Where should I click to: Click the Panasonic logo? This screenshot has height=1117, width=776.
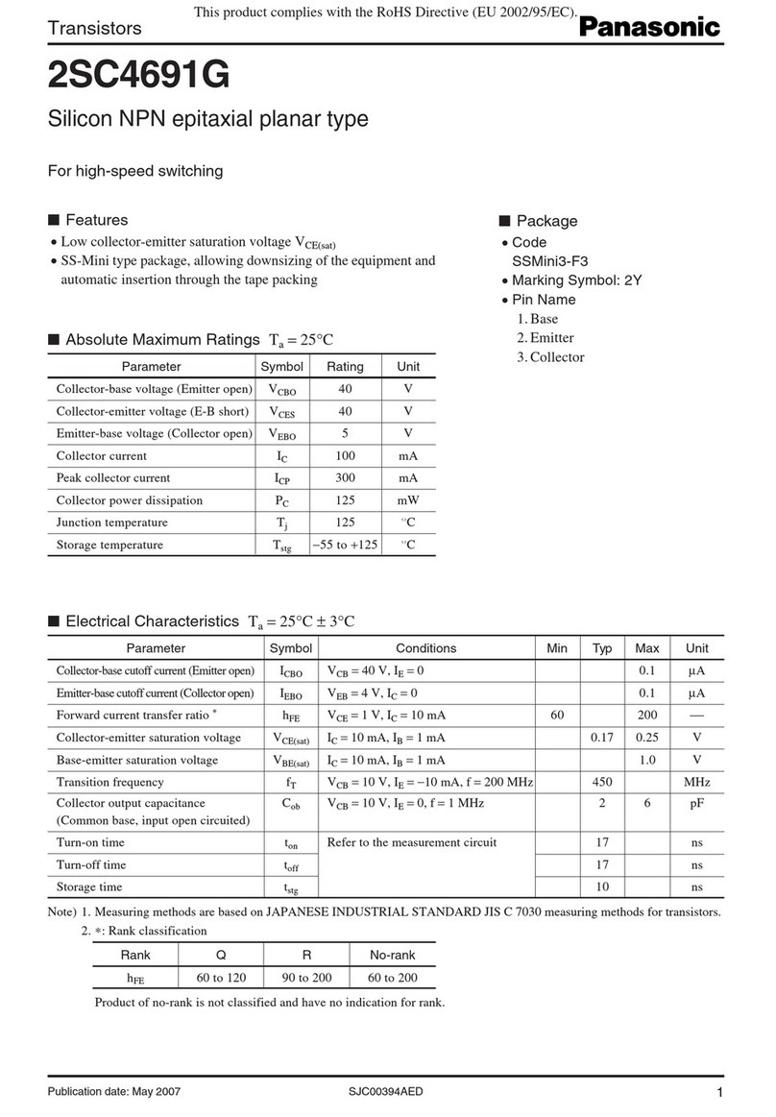click(x=648, y=29)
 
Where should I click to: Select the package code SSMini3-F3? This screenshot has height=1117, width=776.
click(x=551, y=261)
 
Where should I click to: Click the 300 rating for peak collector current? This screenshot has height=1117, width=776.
click(x=345, y=477)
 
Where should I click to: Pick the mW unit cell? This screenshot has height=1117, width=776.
click(x=408, y=500)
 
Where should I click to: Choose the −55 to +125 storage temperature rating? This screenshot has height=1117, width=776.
click(x=345, y=546)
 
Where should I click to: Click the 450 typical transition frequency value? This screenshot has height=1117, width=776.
click(x=602, y=783)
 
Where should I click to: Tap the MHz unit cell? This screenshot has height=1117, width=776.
click(x=696, y=783)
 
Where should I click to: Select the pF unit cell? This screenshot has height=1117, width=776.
click(x=696, y=803)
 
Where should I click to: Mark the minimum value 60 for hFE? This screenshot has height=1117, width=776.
click(x=556, y=716)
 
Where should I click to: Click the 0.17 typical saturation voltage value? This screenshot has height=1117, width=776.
click(x=602, y=738)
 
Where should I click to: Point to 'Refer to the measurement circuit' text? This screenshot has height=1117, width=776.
click(x=412, y=842)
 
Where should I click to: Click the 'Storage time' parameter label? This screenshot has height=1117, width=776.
click(x=89, y=886)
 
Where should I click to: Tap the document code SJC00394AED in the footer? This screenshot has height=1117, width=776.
click(x=385, y=1092)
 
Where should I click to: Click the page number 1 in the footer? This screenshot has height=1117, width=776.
click(x=718, y=1092)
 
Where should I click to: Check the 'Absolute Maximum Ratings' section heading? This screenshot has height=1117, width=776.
click(x=161, y=340)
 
